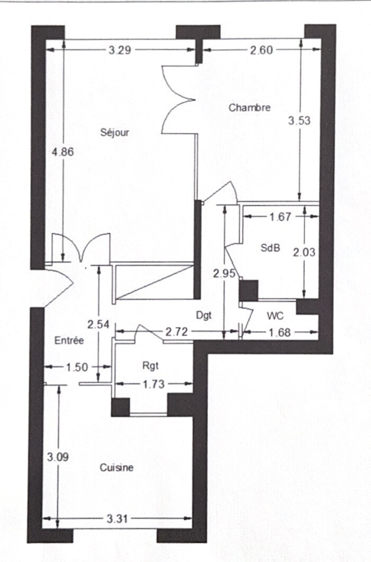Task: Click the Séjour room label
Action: (x=114, y=133)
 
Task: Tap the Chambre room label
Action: (x=249, y=107)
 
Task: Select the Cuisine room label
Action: (x=116, y=467)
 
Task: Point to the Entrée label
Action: (x=69, y=340)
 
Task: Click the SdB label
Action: (x=270, y=247)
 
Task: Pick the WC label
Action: (x=275, y=316)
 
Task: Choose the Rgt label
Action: (x=150, y=366)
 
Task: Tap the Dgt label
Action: (x=204, y=316)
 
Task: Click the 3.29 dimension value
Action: (x=120, y=50)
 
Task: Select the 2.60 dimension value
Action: (x=261, y=50)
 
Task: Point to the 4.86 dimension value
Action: (x=63, y=152)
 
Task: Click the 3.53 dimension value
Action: (x=299, y=121)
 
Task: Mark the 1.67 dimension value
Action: (x=280, y=217)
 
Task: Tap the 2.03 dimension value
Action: (x=304, y=253)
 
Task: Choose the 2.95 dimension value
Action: (x=224, y=274)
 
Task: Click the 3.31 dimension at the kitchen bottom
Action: (x=117, y=519)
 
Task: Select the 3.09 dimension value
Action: (x=58, y=457)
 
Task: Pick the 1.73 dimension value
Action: (x=153, y=384)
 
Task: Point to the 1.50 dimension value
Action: (x=77, y=367)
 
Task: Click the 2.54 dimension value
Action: (x=98, y=325)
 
